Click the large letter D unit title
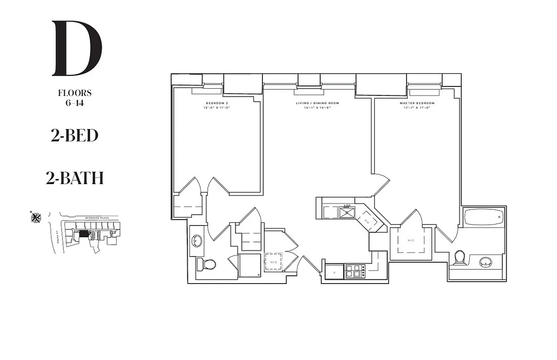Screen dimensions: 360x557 [77, 48]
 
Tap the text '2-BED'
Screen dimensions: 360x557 [74, 135]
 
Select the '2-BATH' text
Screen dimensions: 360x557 [74, 178]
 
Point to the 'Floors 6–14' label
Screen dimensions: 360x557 [75, 97]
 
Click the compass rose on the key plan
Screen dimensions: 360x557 [36, 218]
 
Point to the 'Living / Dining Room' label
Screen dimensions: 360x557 [317, 103]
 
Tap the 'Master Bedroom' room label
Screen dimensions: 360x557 [417, 103]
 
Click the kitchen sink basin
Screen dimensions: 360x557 [347, 211]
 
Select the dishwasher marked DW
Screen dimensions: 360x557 [367, 221]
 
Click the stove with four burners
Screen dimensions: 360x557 [354, 271]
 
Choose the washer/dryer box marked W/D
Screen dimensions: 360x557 [273, 261]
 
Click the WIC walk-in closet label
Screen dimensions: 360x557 [411, 240]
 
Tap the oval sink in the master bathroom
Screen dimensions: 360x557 [485, 261]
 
